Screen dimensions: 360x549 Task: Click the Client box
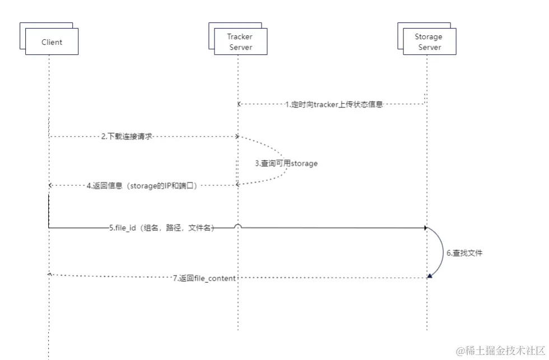pos(52,42)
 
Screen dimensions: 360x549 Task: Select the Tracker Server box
pos(240,42)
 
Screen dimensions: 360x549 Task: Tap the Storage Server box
pos(429,42)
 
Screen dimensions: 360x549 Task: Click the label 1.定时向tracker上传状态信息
pos(333,104)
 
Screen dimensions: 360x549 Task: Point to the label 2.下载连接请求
pos(127,137)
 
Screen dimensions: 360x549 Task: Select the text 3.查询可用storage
pos(286,163)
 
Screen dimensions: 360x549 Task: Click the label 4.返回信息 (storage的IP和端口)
pos(141,185)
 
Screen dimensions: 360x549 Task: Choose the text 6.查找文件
pos(464,253)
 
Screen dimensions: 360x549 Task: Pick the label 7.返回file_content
pos(204,278)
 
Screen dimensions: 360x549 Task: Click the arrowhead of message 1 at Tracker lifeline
pos(239,104)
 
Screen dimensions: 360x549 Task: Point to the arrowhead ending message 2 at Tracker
pos(238,137)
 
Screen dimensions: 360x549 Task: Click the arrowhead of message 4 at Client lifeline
pos(50,185)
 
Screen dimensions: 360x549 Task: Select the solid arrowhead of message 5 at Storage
pos(426,228)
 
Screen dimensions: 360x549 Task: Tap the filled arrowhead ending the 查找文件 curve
pos(430,275)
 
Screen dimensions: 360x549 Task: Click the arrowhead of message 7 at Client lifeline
pos(50,274)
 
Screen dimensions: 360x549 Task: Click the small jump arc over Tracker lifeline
pos(238,226)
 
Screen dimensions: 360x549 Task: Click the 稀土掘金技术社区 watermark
pos(500,351)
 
